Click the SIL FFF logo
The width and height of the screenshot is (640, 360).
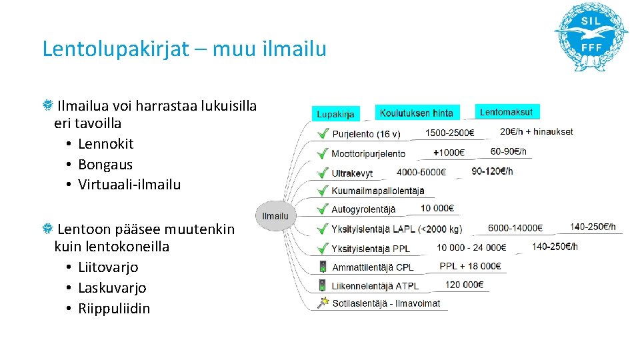point(591,37)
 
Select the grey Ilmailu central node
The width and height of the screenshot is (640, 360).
point(275,216)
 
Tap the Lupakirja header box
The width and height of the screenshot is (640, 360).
point(335,113)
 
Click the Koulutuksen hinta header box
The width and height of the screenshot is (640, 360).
point(416,113)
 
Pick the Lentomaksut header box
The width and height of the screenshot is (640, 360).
point(507,112)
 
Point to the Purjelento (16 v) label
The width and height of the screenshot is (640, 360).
point(366,134)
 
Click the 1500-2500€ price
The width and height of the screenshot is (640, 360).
point(449,132)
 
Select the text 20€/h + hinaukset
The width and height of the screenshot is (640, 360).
point(536,131)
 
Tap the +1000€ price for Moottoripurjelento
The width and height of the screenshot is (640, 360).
point(449,153)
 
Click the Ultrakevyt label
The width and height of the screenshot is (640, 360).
point(352,173)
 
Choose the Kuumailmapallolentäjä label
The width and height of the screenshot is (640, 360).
point(378,191)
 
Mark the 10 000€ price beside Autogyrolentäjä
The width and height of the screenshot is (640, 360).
point(437,208)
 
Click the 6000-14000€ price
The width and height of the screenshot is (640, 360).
point(515,228)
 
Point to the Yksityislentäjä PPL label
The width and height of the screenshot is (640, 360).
point(371,249)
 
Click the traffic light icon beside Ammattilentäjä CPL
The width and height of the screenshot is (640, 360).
point(323,267)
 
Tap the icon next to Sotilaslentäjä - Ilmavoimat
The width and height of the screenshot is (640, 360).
point(323,303)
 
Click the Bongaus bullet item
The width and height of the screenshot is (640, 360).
point(105,165)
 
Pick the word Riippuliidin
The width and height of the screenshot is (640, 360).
point(114,309)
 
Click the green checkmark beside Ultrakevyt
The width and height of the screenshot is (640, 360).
point(322,173)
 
